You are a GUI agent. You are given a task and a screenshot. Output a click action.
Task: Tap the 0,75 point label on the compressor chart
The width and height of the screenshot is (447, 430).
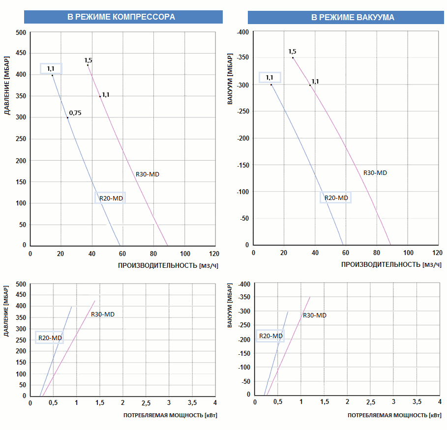(75, 113)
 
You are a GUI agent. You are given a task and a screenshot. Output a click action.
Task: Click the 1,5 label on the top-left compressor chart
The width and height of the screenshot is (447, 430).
(88, 60)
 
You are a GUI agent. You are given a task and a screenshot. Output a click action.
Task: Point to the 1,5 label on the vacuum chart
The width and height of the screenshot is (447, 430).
(292, 52)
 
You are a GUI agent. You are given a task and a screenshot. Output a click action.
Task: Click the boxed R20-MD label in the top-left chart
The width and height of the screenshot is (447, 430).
(111, 199)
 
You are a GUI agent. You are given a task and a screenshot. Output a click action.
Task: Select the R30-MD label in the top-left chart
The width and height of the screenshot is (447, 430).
(148, 174)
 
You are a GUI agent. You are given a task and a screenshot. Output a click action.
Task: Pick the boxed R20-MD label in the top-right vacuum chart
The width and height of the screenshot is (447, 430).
(336, 198)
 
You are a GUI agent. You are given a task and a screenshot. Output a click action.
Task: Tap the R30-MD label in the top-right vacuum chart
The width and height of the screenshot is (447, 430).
(375, 173)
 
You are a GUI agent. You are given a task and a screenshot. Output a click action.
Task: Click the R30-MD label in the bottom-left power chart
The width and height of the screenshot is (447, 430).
(103, 315)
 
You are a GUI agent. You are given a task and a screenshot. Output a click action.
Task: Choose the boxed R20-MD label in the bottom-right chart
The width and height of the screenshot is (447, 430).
(271, 336)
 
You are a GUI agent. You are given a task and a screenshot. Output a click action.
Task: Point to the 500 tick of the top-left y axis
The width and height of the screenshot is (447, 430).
(21, 33)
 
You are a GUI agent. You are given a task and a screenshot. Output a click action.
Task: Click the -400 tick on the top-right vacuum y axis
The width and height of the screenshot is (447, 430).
(243, 32)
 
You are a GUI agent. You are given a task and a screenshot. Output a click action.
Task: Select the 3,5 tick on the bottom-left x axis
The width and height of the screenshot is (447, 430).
(192, 403)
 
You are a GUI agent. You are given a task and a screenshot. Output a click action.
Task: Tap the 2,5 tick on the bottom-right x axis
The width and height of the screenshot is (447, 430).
(370, 402)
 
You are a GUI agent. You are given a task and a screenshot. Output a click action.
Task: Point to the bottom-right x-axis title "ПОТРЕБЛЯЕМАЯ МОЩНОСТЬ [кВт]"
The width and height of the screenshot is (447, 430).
(394, 416)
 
